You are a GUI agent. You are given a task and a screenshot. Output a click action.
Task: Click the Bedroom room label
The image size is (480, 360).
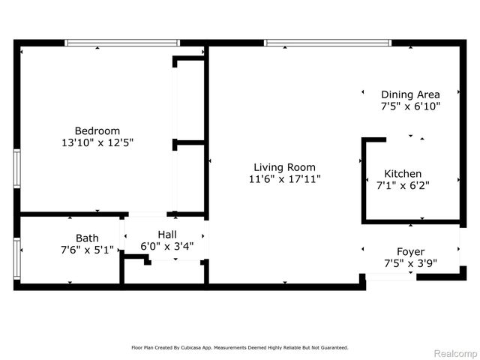tap(97, 130)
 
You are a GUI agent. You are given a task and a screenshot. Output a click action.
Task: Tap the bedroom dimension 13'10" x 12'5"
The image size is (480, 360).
tap(97, 142)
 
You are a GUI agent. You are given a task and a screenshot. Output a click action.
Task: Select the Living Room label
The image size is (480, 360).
tap(284, 167)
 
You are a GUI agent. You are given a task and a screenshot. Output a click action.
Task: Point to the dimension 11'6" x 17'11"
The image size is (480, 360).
tap(284, 179)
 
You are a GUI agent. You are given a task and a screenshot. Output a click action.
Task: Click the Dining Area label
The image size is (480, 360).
tap(410, 94)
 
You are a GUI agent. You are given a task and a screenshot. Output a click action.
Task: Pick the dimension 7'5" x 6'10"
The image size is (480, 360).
tap(410, 106)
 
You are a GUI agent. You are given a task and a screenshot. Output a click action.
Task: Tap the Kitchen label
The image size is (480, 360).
tap(403, 173)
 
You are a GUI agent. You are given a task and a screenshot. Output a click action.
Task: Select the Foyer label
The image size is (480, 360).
tap(410, 251)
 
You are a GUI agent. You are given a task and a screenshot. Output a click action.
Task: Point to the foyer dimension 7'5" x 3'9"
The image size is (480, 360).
tap(410, 263)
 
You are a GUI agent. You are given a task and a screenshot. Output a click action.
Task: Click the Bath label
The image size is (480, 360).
tap(87, 238)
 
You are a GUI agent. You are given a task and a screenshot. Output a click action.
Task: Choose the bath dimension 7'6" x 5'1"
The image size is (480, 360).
tap(87, 250)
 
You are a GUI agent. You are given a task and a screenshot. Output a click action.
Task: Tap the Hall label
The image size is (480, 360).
tap(167, 234)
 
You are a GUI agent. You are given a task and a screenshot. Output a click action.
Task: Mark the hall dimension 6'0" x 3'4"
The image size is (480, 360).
tap(167, 246)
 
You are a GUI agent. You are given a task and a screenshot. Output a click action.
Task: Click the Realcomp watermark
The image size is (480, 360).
tap(456, 353)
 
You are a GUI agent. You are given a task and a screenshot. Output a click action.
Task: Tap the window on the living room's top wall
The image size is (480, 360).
tap(328, 43)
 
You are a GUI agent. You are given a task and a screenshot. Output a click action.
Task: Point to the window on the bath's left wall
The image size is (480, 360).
tap(17, 259)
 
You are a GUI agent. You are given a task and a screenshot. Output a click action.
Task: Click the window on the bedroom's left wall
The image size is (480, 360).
tap(17, 169)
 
